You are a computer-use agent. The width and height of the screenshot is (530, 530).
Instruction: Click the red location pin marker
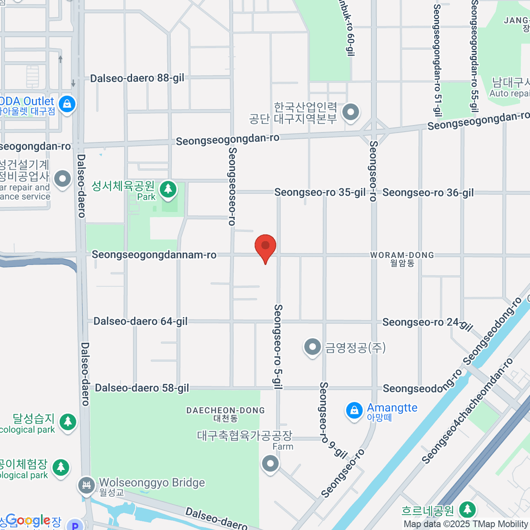tap(265, 247)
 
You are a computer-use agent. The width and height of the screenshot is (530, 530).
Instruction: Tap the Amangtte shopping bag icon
tap(354, 411)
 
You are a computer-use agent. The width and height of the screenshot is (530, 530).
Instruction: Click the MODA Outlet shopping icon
tap(67, 104)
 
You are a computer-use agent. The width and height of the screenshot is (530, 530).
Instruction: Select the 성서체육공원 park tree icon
tap(167, 189)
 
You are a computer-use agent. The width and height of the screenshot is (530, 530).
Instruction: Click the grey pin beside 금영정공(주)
tap(313, 347)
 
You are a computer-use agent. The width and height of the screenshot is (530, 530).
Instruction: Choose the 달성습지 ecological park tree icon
tap(68, 422)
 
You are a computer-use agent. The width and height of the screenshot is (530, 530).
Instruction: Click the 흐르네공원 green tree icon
tap(467, 510)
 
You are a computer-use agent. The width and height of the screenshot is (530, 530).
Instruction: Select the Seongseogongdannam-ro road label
tap(154, 255)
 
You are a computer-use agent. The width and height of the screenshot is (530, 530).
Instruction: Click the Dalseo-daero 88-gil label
tap(137, 78)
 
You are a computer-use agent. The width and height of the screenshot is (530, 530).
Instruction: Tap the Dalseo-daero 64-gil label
tap(140, 321)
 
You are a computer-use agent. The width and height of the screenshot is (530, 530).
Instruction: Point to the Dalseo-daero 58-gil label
tap(142, 388)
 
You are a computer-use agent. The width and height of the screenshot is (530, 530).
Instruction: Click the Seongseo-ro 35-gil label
tap(320, 192)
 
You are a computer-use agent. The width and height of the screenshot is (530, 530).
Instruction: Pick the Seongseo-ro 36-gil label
tap(428, 192)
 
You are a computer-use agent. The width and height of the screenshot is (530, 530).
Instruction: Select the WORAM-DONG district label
tap(402, 255)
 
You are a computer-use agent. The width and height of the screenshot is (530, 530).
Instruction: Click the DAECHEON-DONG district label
tap(226, 411)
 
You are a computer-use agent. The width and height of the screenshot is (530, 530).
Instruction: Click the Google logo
tap(27, 521)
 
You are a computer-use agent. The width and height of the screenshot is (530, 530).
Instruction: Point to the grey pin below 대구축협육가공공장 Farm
tap(270, 464)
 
